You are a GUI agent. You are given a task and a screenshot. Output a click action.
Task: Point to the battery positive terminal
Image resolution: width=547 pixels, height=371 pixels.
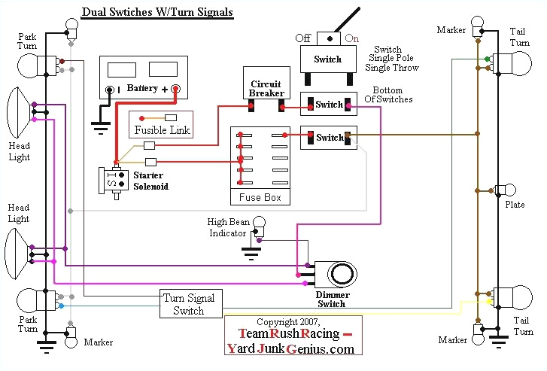pyautogui.click(x=175, y=90)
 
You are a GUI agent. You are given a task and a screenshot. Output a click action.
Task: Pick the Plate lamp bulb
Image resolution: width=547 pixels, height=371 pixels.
pyautogui.click(x=510, y=190)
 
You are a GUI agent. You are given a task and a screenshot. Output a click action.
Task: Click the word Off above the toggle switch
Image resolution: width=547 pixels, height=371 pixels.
pyautogui.click(x=303, y=38)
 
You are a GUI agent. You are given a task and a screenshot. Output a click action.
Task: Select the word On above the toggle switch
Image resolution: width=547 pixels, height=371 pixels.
pyautogui.click(x=351, y=38)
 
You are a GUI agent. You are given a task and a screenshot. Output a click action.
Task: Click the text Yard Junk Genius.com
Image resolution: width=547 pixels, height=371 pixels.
pyautogui.click(x=290, y=349)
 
